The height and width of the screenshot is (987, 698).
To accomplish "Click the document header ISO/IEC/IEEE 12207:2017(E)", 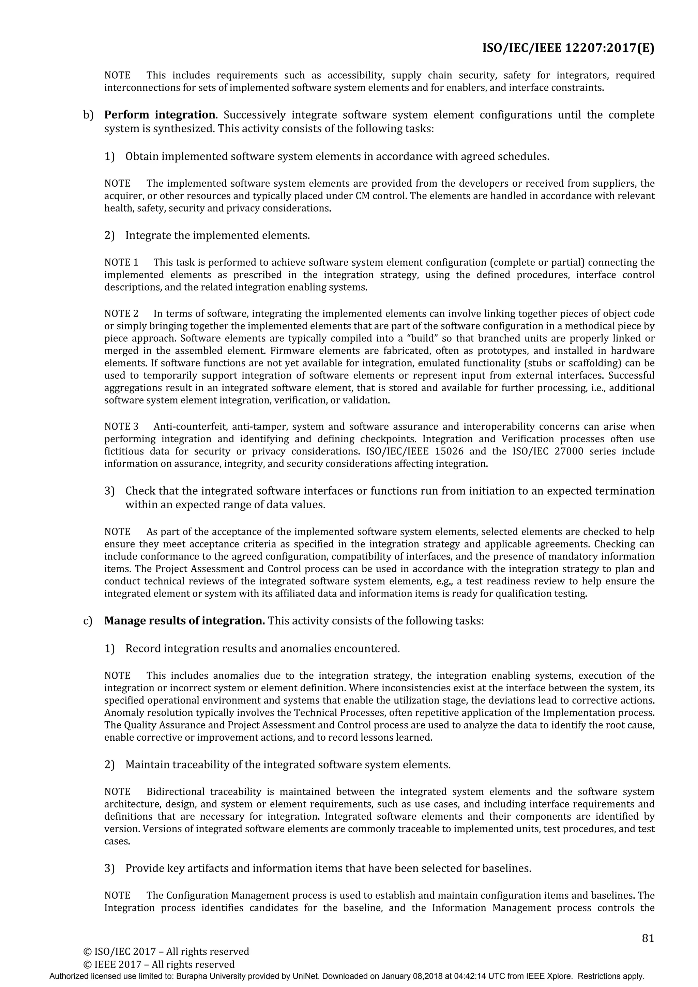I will point(568,48).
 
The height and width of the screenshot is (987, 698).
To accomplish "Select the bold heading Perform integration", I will point(160,115).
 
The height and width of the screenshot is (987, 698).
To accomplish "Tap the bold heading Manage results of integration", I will point(184,621).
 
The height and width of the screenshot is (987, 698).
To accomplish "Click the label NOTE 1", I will point(121,262).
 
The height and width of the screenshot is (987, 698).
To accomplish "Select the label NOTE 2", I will point(121,313).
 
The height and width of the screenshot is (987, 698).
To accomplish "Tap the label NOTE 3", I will point(121,427).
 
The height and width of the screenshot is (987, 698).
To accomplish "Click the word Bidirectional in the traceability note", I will point(174,791).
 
